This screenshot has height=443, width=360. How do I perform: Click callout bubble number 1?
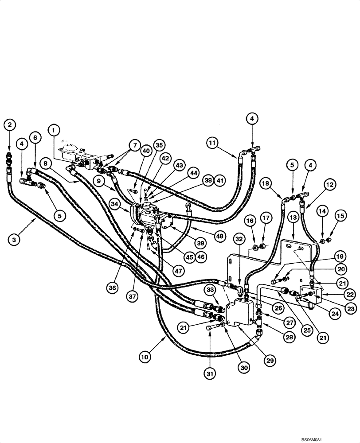(x=54, y=130)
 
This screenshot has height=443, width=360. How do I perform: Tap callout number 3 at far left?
(x=15, y=240)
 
